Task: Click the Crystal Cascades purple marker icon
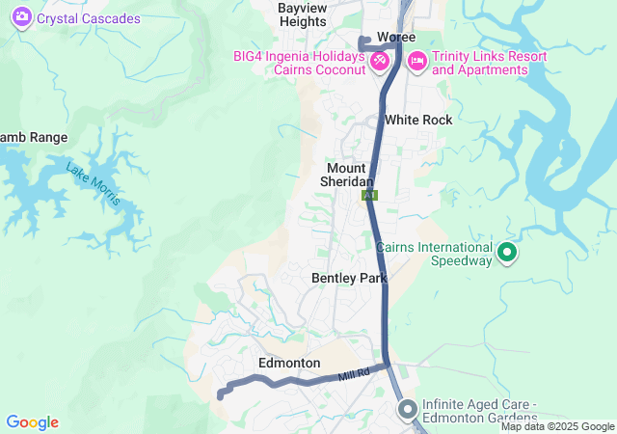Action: point(21,18)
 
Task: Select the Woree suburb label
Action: point(395,37)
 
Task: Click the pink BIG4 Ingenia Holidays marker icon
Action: point(379,61)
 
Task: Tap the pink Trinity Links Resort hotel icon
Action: point(416,61)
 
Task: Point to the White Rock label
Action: point(417,120)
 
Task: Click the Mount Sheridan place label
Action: point(345,175)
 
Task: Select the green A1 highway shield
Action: point(369,195)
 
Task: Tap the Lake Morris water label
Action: point(94,182)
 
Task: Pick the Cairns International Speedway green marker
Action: point(507,254)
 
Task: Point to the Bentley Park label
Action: point(349,278)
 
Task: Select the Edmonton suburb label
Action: point(289,363)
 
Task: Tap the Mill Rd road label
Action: point(354,374)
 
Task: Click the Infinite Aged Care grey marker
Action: point(406,410)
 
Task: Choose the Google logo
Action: point(32,422)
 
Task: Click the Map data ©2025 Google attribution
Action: point(557,426)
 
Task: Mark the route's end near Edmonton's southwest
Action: point(221,394)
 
